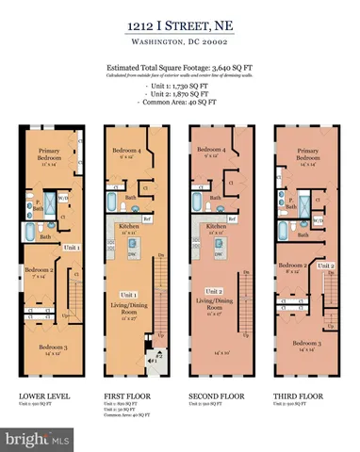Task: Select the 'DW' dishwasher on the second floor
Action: click(219, 255)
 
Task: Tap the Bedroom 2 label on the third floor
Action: click(296, 267)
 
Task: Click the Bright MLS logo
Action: click(38, 439)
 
